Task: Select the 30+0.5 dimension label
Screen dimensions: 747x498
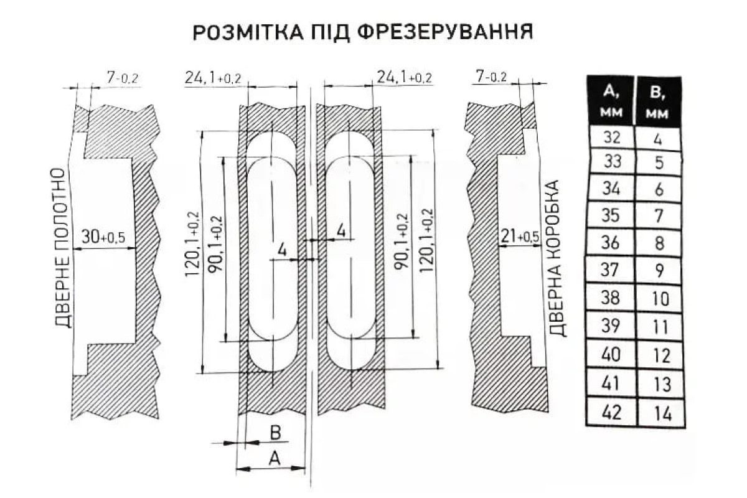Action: coord(103,237)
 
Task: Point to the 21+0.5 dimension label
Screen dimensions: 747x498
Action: coord(520,237)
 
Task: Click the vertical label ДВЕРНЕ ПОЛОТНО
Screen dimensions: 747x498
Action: coord(63,248)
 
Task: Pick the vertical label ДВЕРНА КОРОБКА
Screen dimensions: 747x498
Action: coord(558,258)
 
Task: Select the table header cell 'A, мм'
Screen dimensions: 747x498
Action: coord(611,101)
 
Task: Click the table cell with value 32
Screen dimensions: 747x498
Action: coord(611,137)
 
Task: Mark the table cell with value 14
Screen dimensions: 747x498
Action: coord(660,414)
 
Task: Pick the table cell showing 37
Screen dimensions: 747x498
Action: coord(609,270)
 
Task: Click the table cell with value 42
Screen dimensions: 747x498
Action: coord(611,412)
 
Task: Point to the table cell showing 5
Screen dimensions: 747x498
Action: coord(658,163)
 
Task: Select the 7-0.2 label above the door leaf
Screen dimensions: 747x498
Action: coord(122,78)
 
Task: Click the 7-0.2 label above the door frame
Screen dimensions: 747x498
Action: coord(492,77)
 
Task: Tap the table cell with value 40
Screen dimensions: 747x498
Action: coord(611,355)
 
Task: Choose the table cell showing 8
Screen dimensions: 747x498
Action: coord(659,243)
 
